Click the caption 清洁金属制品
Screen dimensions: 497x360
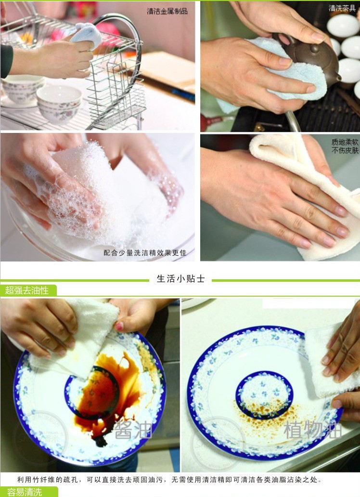167,11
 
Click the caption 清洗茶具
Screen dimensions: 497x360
341,8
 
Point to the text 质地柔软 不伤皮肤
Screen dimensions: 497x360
345,146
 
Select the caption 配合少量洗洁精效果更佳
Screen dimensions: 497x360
144,253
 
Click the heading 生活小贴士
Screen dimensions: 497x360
180,279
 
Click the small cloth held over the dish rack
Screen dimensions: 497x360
87,35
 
